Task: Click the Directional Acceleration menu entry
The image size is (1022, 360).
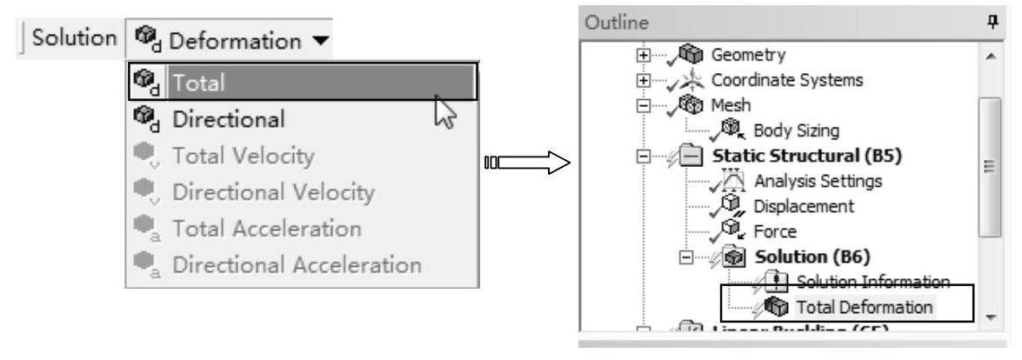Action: (282, 265)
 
